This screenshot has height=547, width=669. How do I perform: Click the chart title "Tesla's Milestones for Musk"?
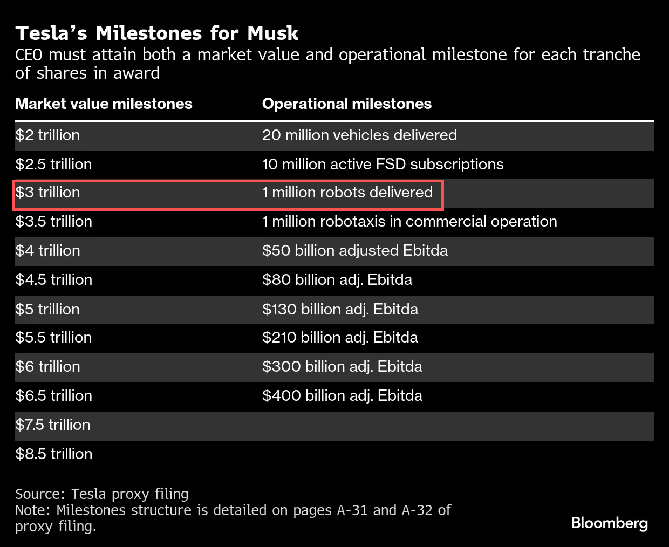click(156, 33)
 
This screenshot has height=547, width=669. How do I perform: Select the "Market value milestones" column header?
click(104, 104)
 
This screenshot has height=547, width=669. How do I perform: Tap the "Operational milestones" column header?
click(346, 104)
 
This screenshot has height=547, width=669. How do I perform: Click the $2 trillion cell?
click(47, 135)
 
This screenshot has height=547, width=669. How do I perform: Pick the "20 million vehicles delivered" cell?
click(359, 135)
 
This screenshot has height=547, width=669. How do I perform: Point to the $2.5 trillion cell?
click(53, 165)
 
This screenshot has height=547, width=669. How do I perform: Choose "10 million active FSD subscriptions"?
click(383, 165)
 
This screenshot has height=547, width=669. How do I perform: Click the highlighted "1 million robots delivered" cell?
click(347, 193)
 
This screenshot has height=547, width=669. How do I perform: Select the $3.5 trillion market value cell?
click(53, 222)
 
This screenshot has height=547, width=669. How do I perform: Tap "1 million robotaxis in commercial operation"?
click(409, 222)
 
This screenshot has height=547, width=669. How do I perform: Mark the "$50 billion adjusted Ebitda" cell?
click(355, 251)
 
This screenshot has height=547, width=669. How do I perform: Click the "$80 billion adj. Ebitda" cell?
click(337, 280)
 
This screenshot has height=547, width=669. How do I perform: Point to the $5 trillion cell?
click(47, 310)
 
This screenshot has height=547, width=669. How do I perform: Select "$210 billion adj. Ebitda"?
click(340, 338)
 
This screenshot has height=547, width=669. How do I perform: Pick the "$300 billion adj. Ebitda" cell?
click(342, 367)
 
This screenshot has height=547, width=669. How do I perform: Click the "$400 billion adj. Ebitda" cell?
click(342, 396)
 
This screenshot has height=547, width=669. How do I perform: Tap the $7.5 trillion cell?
click(52, 425)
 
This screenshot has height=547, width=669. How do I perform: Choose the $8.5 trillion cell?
click(53, 454)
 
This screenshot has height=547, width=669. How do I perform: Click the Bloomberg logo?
click(609, 523)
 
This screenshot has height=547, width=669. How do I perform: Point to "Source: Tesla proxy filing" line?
click(102, 494)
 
